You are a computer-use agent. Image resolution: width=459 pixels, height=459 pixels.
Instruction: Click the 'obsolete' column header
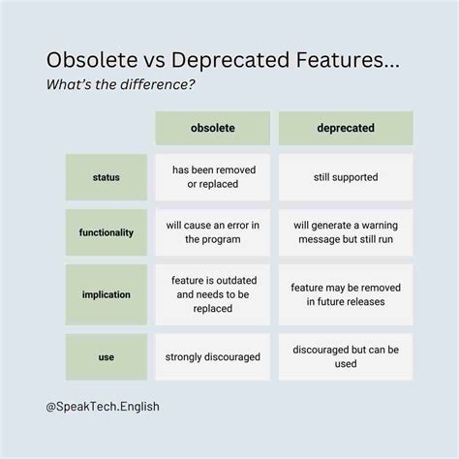tap(212, 128)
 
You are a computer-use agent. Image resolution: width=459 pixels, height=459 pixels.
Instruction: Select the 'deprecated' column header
tap(346, 128)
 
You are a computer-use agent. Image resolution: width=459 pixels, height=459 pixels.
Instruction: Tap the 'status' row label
tap(107, 177)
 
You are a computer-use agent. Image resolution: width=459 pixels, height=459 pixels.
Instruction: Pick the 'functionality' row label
tap(107, 232)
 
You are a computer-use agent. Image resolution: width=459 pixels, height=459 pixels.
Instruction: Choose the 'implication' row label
tap(107, 294)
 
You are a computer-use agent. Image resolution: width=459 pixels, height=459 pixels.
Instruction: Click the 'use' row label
tap(107, 356)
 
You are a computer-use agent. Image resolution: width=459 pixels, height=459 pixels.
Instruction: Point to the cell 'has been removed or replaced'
tap(212, 177)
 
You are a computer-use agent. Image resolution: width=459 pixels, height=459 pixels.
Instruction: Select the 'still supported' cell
tap(346, 177)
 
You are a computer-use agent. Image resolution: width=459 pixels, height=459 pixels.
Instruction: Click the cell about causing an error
tap(212, 232)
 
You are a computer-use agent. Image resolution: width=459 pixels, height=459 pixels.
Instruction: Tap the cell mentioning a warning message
tap(346, 232)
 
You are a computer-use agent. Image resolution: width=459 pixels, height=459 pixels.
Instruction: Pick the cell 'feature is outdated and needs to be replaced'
tap(212, 294)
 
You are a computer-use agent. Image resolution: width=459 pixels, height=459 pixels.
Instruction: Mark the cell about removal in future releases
tap(346, 294)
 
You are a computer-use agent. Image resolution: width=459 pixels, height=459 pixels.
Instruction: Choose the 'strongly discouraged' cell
tap(212, 356)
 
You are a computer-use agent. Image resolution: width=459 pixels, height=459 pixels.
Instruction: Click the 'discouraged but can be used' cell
tap(346, 356)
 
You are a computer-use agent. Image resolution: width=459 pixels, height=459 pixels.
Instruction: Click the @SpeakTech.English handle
tap(102, 407)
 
